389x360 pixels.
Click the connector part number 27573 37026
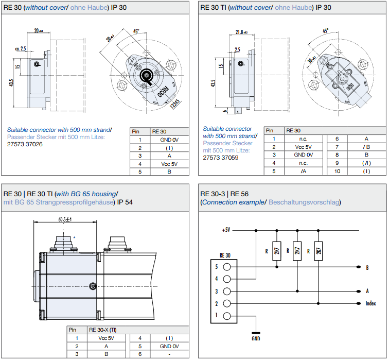tap(25, 144)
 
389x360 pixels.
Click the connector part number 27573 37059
tap(220, 158)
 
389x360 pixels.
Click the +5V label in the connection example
tap(226, 230)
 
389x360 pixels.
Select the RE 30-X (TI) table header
tap(103, 330)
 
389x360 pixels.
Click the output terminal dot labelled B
tap(358, 267)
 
